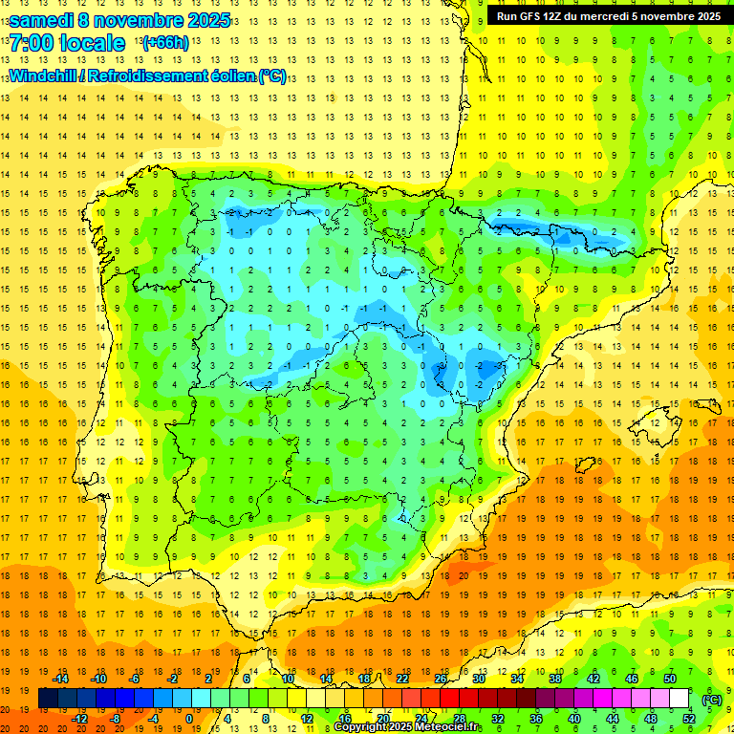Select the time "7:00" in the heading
tap(31, 43)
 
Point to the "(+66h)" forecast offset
tap(165, 43)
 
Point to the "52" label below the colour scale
tap(689, 719)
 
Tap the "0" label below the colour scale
tap(189, 719)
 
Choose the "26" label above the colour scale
tap(441, 679)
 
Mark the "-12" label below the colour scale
tap(79, 719)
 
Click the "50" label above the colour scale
tap(670, 679)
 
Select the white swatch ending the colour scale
tap(680, 699)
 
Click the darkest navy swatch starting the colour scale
tap(48, 699)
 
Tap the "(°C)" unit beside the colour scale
tap(711, 699)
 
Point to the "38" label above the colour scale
tap(555, 679)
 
